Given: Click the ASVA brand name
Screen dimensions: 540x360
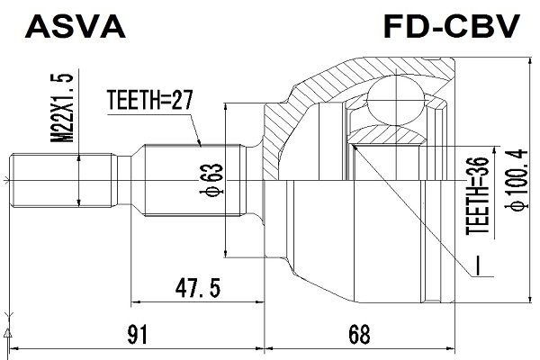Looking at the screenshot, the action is coord(75,26).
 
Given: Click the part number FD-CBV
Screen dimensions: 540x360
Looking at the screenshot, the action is coord(452,26).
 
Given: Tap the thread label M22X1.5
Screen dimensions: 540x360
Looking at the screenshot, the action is coord(62,108).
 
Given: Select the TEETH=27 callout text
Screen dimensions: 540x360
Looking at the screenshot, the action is coord(149,100).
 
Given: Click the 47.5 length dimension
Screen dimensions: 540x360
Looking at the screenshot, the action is coord(198,288).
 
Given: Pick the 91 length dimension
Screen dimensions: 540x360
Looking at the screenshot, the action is coord(138,335).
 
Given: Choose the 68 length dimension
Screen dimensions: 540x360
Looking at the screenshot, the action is coord(359,335).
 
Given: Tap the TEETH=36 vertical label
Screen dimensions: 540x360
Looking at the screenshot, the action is coord(478,196).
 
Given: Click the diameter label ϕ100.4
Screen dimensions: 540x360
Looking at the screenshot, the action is coord(517,179).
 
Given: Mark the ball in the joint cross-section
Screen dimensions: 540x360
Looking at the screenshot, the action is coord(396,102).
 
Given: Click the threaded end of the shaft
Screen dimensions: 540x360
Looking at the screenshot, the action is coord(63,180).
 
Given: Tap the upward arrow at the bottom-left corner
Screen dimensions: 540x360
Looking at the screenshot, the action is coord(7,332).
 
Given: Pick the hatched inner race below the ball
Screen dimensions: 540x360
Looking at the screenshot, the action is coord(386,135).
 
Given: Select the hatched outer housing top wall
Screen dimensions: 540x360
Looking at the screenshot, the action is coord(372,71).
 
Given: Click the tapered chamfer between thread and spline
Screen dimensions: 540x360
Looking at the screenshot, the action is coord(138,180).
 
